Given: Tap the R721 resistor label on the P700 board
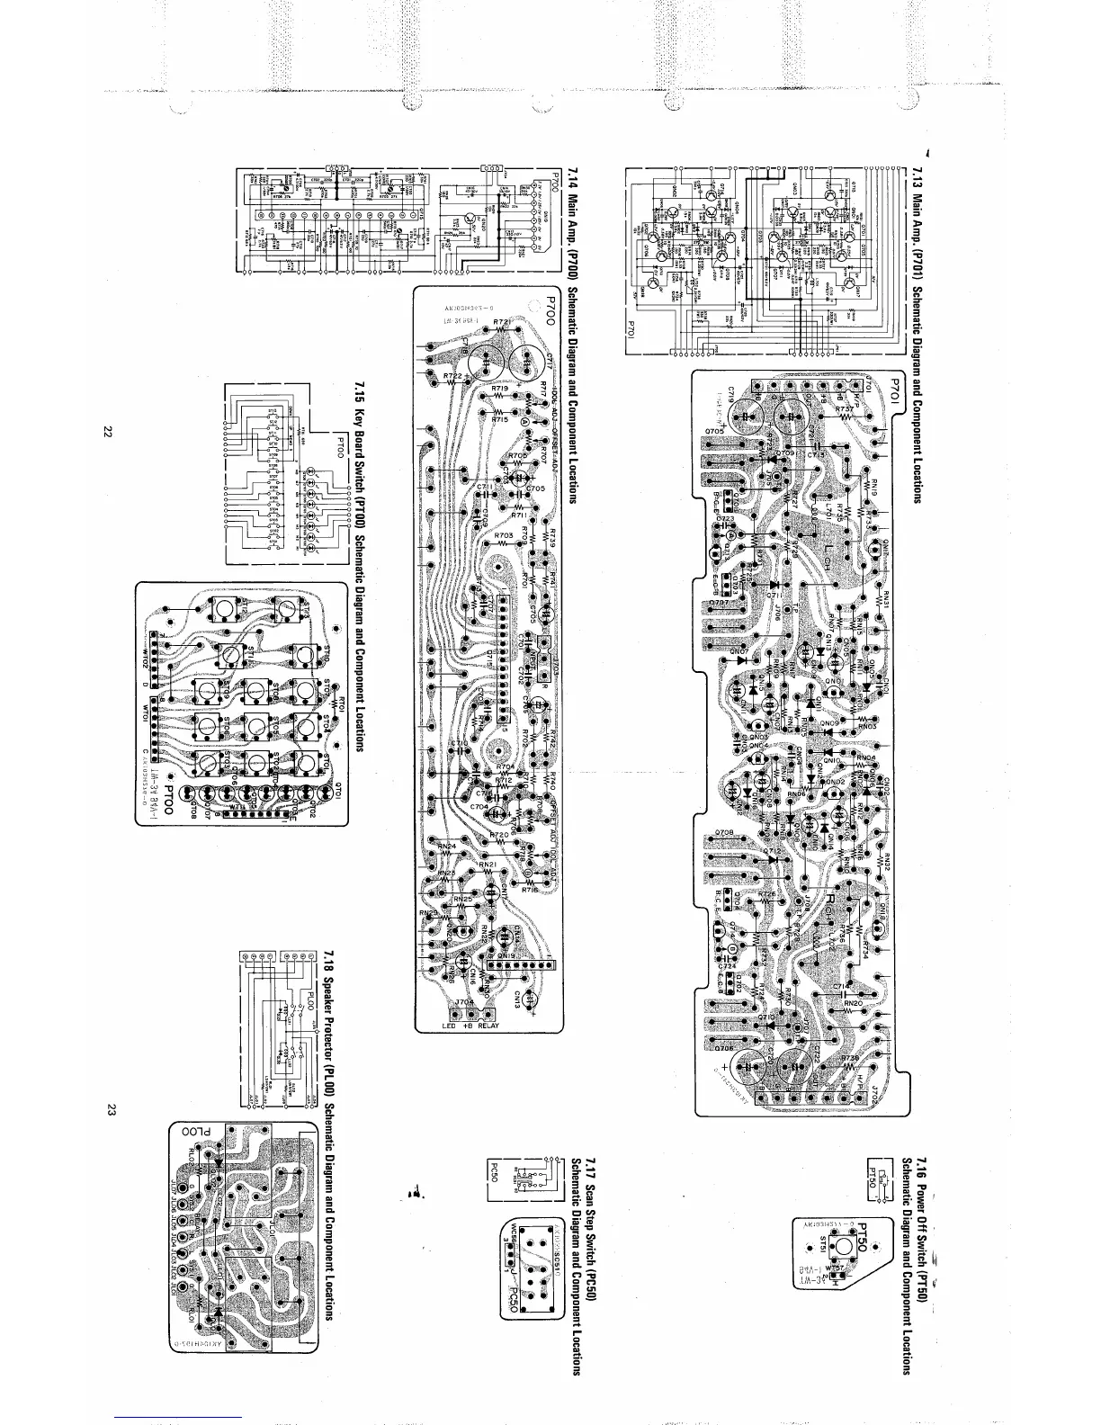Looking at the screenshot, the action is [x=503, y=323].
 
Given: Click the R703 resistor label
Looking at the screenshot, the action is [x=504, y=536].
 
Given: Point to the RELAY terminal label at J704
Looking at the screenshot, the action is [x=488, y=1026].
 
